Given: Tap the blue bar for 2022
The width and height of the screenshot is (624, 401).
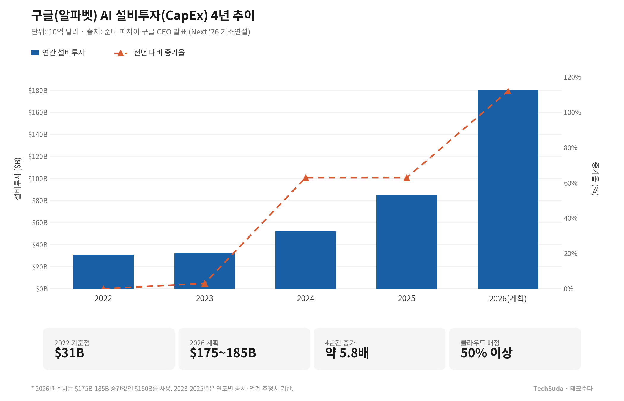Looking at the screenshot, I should click(x=103, y=271).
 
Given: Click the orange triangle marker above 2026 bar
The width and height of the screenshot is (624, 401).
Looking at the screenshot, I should click(x=508, y=91).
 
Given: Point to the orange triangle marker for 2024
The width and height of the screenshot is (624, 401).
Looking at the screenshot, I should click(x=305, y=178).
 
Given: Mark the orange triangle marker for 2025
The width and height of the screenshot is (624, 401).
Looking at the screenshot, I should click(x=406, y=178).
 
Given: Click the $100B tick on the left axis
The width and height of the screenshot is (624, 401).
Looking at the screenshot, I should click(x=38, y=179).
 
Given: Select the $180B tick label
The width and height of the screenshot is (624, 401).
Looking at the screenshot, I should click(x=38, y=91).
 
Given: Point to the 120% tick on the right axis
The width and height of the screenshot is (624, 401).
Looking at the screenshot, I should click(x=572, y=77).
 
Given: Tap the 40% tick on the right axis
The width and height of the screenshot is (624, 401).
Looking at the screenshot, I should click(x=570, y=218).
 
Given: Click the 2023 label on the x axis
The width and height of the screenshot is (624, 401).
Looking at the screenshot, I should click(x=204, y=298).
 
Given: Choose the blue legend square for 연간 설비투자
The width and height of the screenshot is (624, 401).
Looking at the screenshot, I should click(x=35, y=53).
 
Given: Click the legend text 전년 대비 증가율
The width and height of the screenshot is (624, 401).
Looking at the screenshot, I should click(x=159, y=53).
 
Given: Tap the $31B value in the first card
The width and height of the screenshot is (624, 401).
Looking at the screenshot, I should click(x=69, y=353).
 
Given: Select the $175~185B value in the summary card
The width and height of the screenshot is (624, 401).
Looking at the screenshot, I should click(x=223, y=353).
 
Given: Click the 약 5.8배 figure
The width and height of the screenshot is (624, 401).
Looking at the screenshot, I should click(x=347, y=353).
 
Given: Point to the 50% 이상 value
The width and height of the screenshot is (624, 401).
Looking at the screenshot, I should click(x=486, y=353).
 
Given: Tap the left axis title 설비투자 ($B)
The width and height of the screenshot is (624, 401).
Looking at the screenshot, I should click(x=18, y=179).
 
